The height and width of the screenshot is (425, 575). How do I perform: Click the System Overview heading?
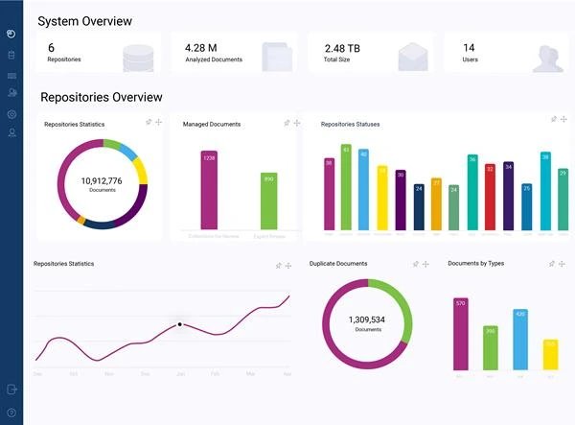coord(84,21)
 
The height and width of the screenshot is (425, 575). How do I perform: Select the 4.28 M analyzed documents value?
coord(200,47)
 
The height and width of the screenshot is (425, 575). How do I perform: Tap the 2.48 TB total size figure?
coord(342,47)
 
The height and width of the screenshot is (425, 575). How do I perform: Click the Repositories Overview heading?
coord(101,97)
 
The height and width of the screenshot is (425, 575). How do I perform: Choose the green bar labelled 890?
coord(269,201)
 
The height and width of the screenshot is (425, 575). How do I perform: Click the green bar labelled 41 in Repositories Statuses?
coord(346,187)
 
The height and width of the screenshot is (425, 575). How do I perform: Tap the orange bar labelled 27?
coord(436,203)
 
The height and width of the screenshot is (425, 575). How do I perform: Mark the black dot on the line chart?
coord(179,324)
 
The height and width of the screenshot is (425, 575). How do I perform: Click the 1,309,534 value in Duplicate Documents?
coord(366,319)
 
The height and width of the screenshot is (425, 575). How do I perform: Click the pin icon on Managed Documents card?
coord(287,123)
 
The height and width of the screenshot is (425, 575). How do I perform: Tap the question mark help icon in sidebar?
coord(11,413)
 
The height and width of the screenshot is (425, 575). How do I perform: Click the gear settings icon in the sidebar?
coord(11,114)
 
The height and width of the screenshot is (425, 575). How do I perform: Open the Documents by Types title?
coord(475,263)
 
